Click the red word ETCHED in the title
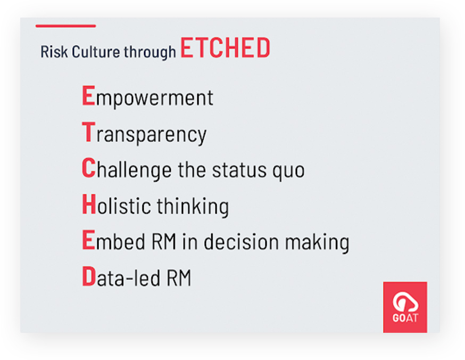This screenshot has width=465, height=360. click(x=225, y=47)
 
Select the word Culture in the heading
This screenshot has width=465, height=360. click(x=96, y=52)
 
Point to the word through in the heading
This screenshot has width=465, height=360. click(x=150, y=52)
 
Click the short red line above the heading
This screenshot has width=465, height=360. click(x=65, y=26)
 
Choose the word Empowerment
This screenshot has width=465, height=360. click(x=147, y=97)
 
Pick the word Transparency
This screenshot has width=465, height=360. click(x=144, y=134)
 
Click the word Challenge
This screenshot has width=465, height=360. click(x=127, y=169)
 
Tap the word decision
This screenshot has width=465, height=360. click(x=241, y=241)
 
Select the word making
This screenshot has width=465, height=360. click(x=317, y=243)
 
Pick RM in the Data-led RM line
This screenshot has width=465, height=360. click(x=179, y=278)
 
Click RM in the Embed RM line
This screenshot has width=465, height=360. click(x=164, y=242)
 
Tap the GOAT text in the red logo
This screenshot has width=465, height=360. click(x=405, y=318)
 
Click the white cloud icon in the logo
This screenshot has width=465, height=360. click(x=405, y=301)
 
